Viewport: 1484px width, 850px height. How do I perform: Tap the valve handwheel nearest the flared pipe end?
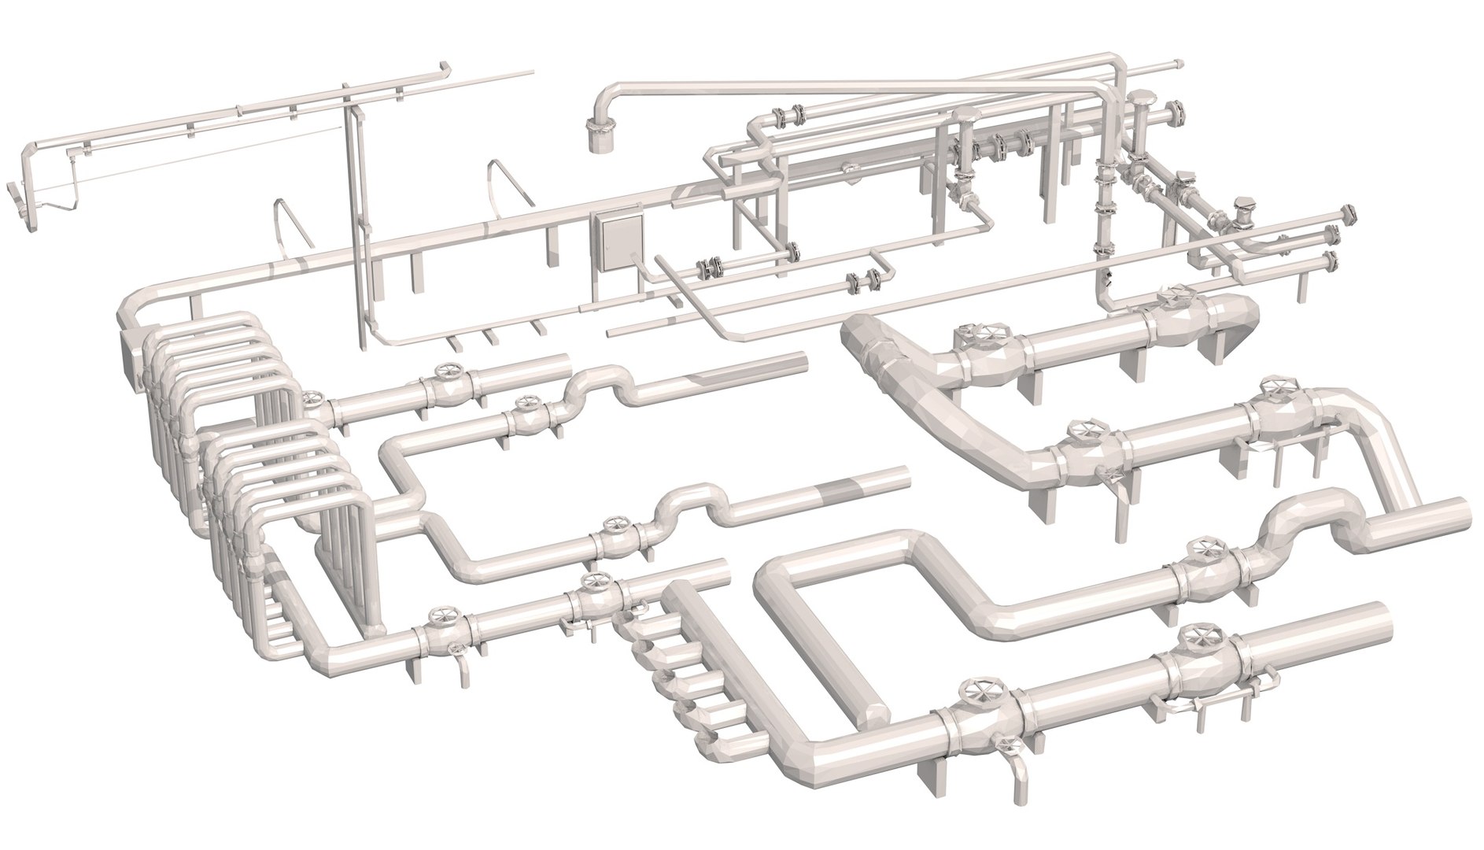tap(1172, 300)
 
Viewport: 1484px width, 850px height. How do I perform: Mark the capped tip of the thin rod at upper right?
tap(1177, 62)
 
